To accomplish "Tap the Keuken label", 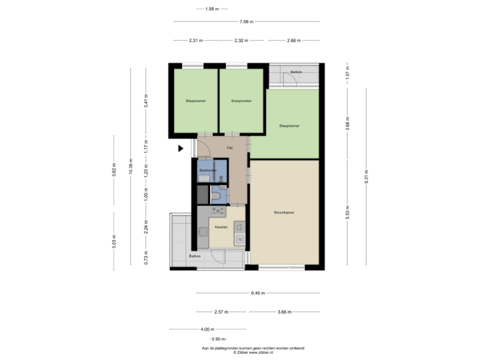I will point(221,227).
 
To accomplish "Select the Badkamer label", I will point(208,171).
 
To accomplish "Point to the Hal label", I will point(230,148).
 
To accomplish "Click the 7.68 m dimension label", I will point(247,21).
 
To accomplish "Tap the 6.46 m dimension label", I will point(258,293).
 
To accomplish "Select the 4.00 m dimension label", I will point(207,329).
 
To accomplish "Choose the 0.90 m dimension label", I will point(219,339).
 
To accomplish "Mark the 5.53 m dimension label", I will point(347,212).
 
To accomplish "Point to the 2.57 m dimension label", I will point(221,311).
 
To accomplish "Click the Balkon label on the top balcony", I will point(297,71).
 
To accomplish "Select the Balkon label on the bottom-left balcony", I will point(194,256).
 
